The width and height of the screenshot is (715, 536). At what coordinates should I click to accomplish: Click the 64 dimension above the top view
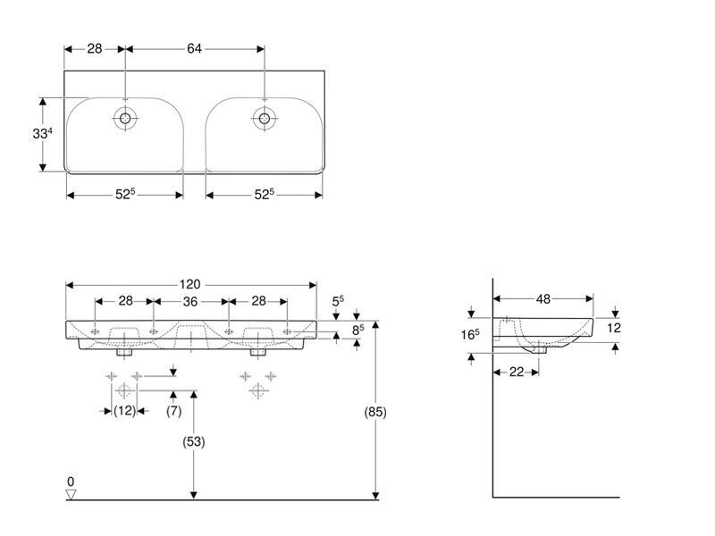[194, 48]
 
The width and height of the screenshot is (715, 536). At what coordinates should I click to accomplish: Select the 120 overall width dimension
[189, 284]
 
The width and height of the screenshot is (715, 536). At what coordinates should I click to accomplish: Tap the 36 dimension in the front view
[190, 301]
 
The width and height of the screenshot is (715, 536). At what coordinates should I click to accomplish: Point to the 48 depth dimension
[543, 299]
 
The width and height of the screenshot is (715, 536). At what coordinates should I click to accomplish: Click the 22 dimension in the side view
[517, 372]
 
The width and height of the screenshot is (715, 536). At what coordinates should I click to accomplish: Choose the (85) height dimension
[375, 412]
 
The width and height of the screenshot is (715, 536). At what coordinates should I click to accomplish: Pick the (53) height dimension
[194, 441]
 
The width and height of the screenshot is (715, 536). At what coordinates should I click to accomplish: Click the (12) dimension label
[124, 411]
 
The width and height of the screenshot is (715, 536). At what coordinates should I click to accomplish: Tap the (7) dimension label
[173, 411]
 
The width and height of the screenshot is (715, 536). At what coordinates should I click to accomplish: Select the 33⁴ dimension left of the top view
[42, 133]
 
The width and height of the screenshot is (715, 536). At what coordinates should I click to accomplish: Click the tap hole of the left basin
[125, 119]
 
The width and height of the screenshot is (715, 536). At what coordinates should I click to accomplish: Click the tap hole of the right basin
[265, 119]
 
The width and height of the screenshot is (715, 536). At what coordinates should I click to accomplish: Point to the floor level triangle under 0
[71, 494]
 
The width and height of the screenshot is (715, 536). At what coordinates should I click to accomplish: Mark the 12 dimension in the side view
[614, 328]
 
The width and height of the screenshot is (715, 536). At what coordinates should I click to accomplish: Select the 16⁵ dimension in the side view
[470, 334]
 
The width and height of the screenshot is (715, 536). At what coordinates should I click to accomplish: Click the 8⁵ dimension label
[358, 330]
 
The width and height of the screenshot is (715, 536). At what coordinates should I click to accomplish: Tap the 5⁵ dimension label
[338, 301]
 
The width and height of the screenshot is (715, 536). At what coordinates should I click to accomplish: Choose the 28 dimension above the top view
[95, 48]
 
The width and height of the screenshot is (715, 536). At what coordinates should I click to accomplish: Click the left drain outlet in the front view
[124, 352]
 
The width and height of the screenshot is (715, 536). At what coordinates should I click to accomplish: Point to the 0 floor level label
[71, 482]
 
